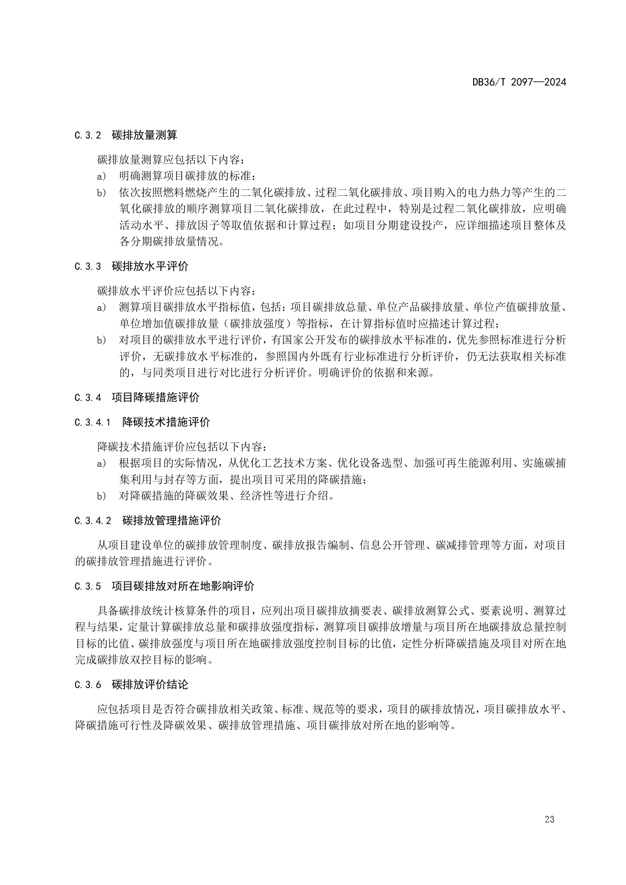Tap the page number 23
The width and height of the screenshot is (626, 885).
pos(549,819)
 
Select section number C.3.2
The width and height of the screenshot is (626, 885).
pos(88,136)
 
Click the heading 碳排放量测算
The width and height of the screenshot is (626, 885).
pos(144,135)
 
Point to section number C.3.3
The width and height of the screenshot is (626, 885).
pos(88,266)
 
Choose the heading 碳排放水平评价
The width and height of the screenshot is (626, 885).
pos(150,266)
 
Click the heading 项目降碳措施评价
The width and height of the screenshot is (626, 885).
pos(155,397)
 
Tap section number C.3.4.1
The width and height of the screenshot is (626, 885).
pos(93,422)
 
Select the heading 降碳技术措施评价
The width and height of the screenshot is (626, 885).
pos(166,422)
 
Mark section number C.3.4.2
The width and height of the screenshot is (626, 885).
pos(93,521)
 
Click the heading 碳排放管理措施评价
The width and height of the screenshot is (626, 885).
pos(172,520)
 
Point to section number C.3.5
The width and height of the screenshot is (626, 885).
pos(88,586)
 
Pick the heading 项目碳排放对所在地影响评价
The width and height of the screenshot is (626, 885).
pos(183,586)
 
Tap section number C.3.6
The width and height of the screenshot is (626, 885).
pos(88,685)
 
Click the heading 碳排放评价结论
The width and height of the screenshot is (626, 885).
pos(150,684)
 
